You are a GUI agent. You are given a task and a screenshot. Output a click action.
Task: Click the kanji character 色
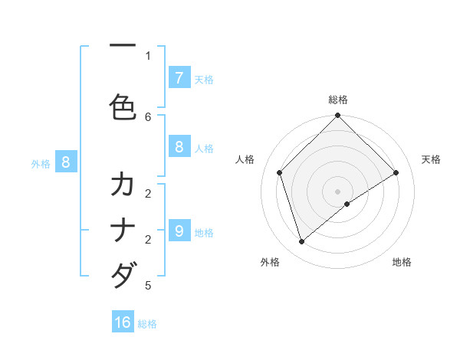pos(123,106)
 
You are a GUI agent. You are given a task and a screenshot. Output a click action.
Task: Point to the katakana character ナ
pos(123,231)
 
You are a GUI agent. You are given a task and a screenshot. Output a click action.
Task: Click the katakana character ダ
pos(123,273)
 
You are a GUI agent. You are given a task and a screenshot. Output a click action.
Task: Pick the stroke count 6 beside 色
pos(148,116)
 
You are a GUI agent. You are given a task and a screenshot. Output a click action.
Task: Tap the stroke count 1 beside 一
pos(148,55)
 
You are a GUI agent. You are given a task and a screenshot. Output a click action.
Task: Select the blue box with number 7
pos(179,78)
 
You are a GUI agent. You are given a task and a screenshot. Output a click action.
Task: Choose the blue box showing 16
pos(123,322)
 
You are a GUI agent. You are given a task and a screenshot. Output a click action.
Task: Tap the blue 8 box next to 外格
pos(66,162)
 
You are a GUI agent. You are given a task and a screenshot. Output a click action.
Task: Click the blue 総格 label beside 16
pos(147,324)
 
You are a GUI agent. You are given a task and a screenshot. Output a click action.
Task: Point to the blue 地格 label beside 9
pos(204,233)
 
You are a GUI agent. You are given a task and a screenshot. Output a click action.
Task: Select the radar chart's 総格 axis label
pos(338,100)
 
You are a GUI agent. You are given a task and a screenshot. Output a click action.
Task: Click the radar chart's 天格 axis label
pos(432,159)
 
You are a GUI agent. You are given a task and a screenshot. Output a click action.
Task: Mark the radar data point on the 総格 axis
pos(338,116)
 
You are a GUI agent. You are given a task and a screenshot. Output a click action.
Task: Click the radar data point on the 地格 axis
pos(347,204)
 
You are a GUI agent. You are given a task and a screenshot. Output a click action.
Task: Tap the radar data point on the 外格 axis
pos(302,242)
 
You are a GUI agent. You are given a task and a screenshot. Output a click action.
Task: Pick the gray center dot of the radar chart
pos(338,191)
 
